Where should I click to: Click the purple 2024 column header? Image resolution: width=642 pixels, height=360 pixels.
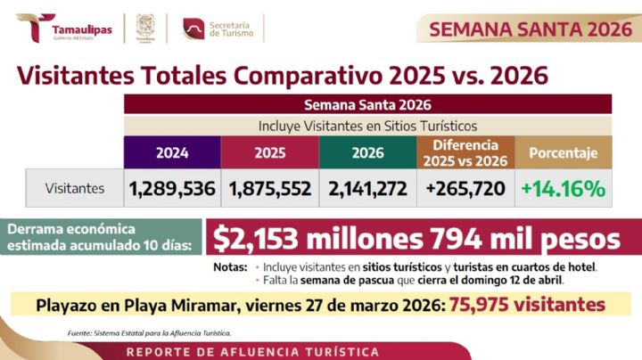pos(171,152)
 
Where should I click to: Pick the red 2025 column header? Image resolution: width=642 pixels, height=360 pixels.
pos(269,152)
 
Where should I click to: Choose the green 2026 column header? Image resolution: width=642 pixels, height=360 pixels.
pos(367,152)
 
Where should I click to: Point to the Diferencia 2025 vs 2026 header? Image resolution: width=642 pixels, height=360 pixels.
pos(464,152)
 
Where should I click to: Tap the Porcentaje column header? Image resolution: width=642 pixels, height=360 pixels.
pos(564,152)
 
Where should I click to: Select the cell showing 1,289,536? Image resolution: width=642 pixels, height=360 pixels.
pos(171,189)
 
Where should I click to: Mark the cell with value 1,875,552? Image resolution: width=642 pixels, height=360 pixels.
pos(269,189)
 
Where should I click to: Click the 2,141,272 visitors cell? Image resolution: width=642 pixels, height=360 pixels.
pos(367,189)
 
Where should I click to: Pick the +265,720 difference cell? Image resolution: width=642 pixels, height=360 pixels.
pos(464,189)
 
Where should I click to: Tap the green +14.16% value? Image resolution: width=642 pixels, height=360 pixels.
pos(564,189)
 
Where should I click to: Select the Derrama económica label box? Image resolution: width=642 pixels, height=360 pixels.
pos(100,238)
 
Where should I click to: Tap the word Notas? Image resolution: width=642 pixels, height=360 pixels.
pos(231,266)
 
